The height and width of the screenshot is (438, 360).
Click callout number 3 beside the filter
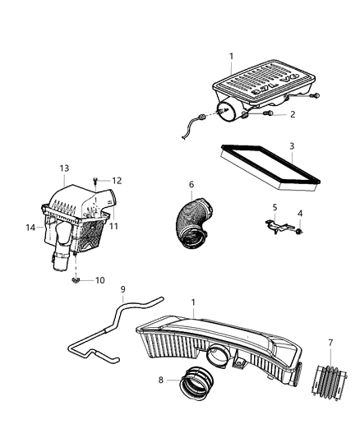[x=291, y=146]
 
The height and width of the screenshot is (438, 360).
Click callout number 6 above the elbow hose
[x=191, y=185]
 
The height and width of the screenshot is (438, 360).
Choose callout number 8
[x=160, y=380]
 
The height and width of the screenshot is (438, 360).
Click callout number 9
[x=123, y=289]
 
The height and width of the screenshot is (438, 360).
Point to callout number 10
[x=99, y=279]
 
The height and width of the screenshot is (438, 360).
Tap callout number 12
[x=117, y=181]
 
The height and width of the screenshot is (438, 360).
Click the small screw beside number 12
[x=98, y=181]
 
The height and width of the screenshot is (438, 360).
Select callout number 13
[x=64, y=168]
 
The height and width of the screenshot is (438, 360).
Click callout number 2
[x=291, y=116]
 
